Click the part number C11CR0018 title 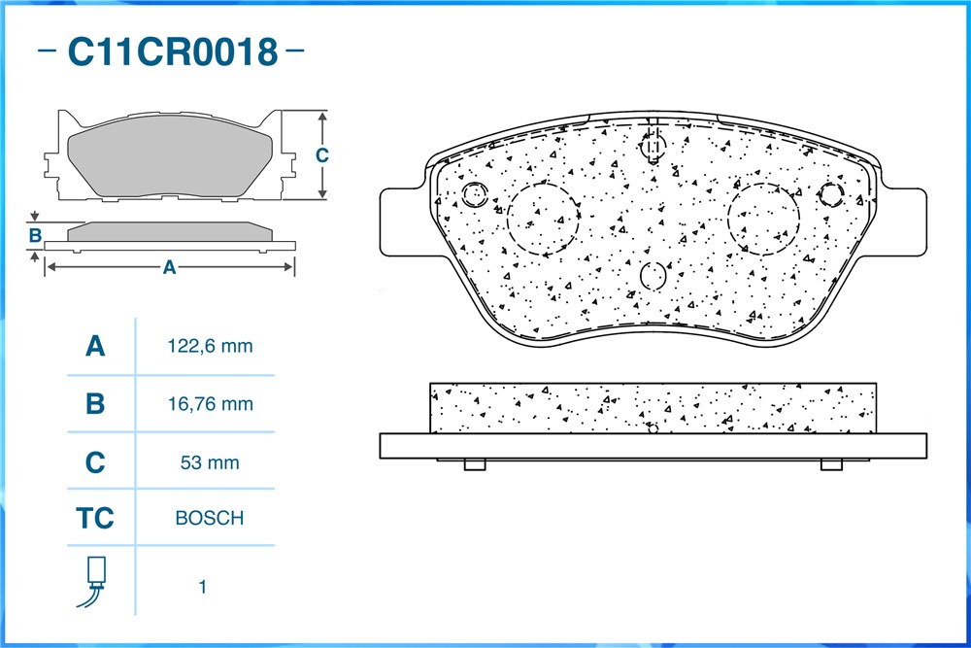tap(172, 51)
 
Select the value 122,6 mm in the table tap(210, 346)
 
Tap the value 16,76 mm tap(210, 404)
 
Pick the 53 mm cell tap(210, 462)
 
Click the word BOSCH tap(210, 518)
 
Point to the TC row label tap(95, 519)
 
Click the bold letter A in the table tap(95, 346)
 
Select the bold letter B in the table tap(95, 404)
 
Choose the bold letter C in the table tap(95, 462)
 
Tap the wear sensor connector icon tap(93, 582)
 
